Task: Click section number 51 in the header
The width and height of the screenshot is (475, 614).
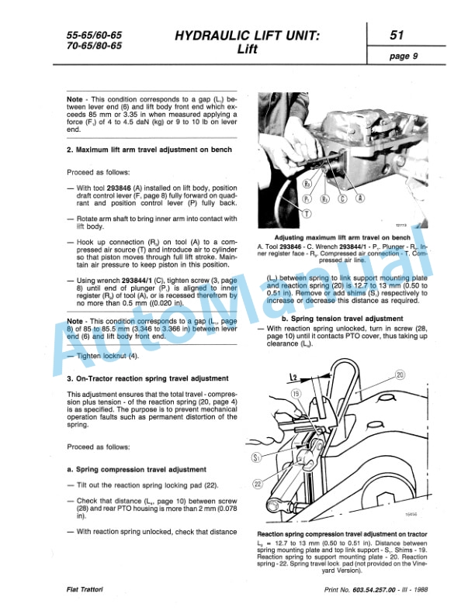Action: [x=396, y=36]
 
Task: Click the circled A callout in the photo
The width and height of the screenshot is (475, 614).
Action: [x=360, y=198]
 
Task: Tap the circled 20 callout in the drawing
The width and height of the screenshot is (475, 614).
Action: [x=400, y=374]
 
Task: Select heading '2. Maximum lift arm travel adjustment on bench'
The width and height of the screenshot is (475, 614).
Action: [x=149, y=150]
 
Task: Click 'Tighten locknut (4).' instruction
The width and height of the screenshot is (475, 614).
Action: [x=108, y=356]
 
